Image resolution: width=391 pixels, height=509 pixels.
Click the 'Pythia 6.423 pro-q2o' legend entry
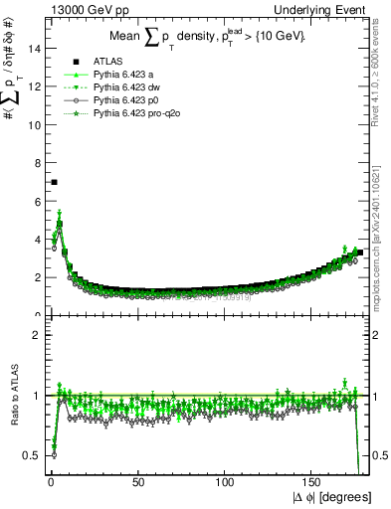point(135,113)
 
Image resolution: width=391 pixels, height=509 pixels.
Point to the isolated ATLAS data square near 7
point(54,182)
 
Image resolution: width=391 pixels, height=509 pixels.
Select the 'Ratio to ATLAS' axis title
point(14,395)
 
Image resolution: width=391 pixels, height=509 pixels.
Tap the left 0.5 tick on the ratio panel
point(34,455)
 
